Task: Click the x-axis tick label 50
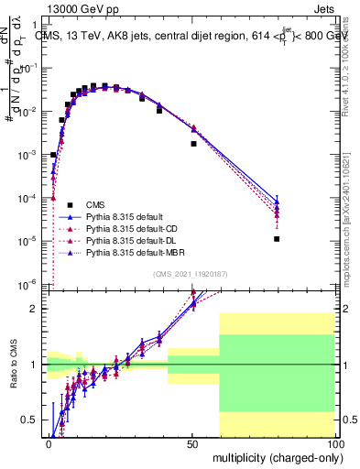coord(191,442)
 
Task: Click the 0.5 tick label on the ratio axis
coord(31,420)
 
